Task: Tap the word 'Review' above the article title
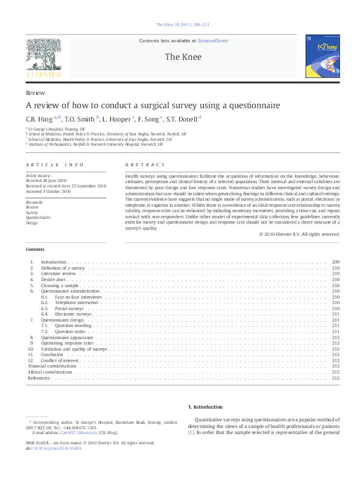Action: pyautogui.click(x=34, y=93)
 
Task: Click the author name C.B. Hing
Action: pyautogui.click(x=39, y=119)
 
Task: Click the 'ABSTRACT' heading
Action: pyautogui.click(x=145, y=165)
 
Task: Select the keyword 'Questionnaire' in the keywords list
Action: pyautogui.click(x=38, y=217)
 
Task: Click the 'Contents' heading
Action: pyautogui.click(x=35, y=250)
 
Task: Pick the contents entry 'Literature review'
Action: pyautogui.click(x=58, y=273)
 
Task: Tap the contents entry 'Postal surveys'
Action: pyautogui.click(x=69, y=308)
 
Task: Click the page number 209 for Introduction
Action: pyautogui.click(x=335, y=262)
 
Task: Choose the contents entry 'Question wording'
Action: pyautogui.click(x=73, y=326)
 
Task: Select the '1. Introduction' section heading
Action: pyautogui.click(x=205, y=407)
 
